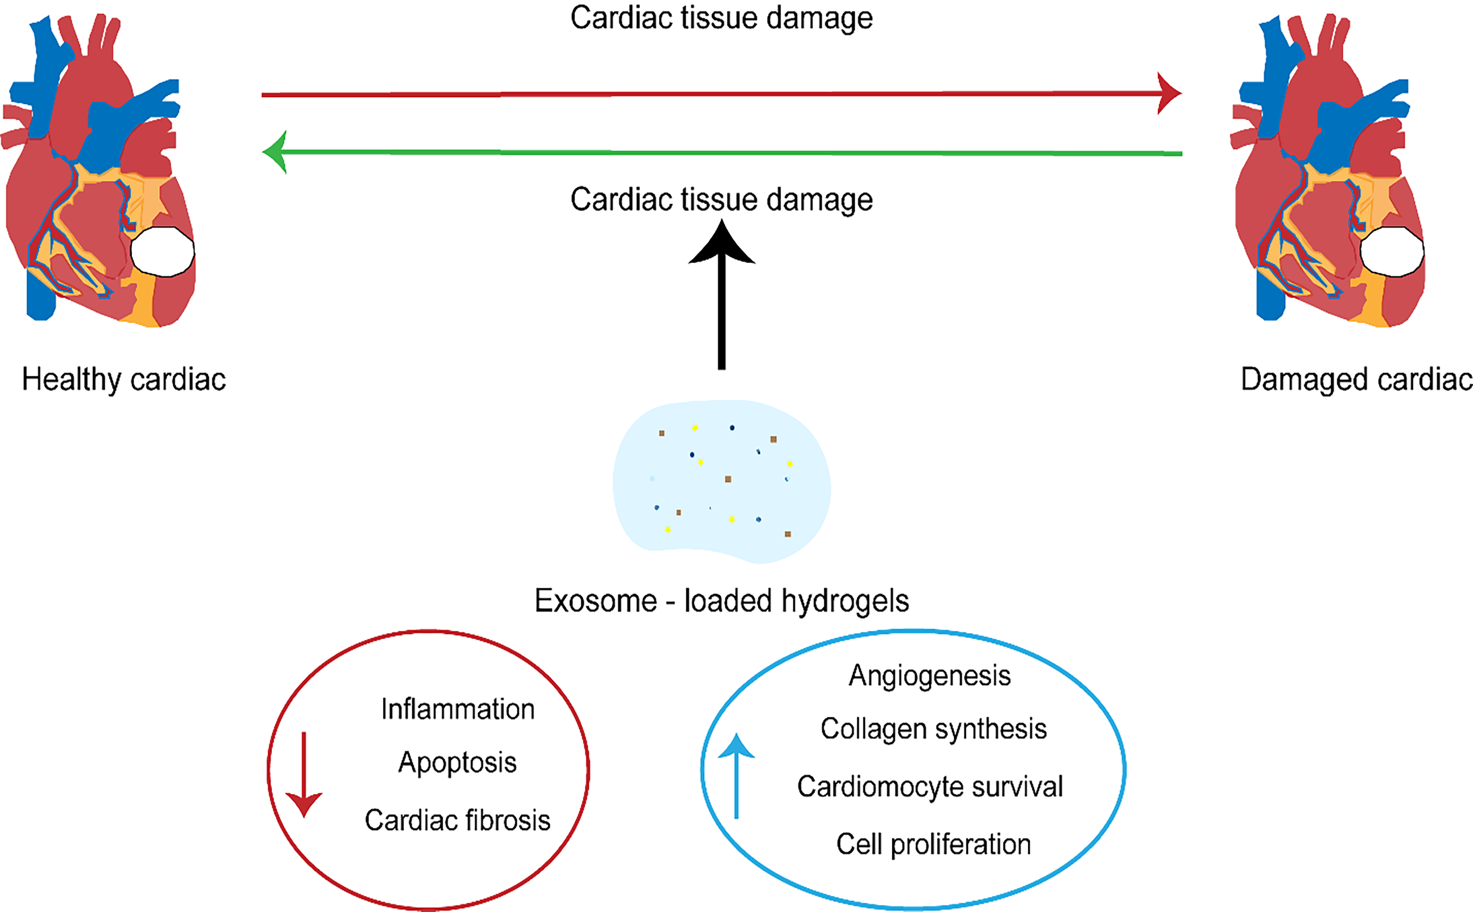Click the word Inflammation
coord(458,709)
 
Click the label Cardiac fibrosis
coord(457,820)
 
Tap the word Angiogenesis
coord(930,675)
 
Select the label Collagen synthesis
coord(933,729)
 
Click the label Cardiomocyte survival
coord(930,786)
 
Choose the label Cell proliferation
coord(933,844)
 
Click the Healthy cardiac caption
coord(123,380)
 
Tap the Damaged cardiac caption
coord(1356,380)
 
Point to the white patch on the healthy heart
coord(162,251)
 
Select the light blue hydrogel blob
coord(721,483)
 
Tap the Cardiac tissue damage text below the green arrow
coord(721,200)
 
